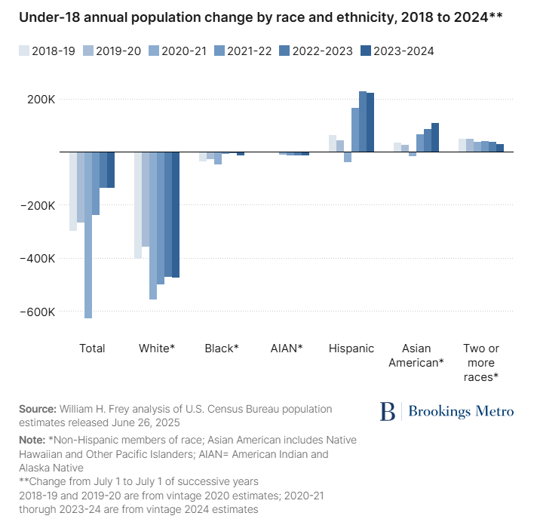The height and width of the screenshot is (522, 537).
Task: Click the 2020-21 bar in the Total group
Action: pos(88,235)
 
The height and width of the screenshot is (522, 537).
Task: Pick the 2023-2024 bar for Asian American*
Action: pos(435,137)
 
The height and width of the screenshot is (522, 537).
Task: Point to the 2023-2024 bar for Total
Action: pos(111,170)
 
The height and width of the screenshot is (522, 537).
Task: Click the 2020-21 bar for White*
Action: pos(153,226)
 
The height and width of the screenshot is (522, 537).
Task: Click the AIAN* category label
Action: pos(287,349)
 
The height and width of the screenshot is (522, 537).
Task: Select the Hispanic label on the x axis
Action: pos(351,349)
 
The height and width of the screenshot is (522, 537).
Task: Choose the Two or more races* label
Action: pos(481,362)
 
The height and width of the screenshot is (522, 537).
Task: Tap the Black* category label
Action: pos(222,349)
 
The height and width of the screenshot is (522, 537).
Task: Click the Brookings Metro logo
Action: pos(446,411)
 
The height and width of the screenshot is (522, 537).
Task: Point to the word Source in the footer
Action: pos(38,409)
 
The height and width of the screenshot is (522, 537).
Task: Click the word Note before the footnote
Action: pos(32,439)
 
